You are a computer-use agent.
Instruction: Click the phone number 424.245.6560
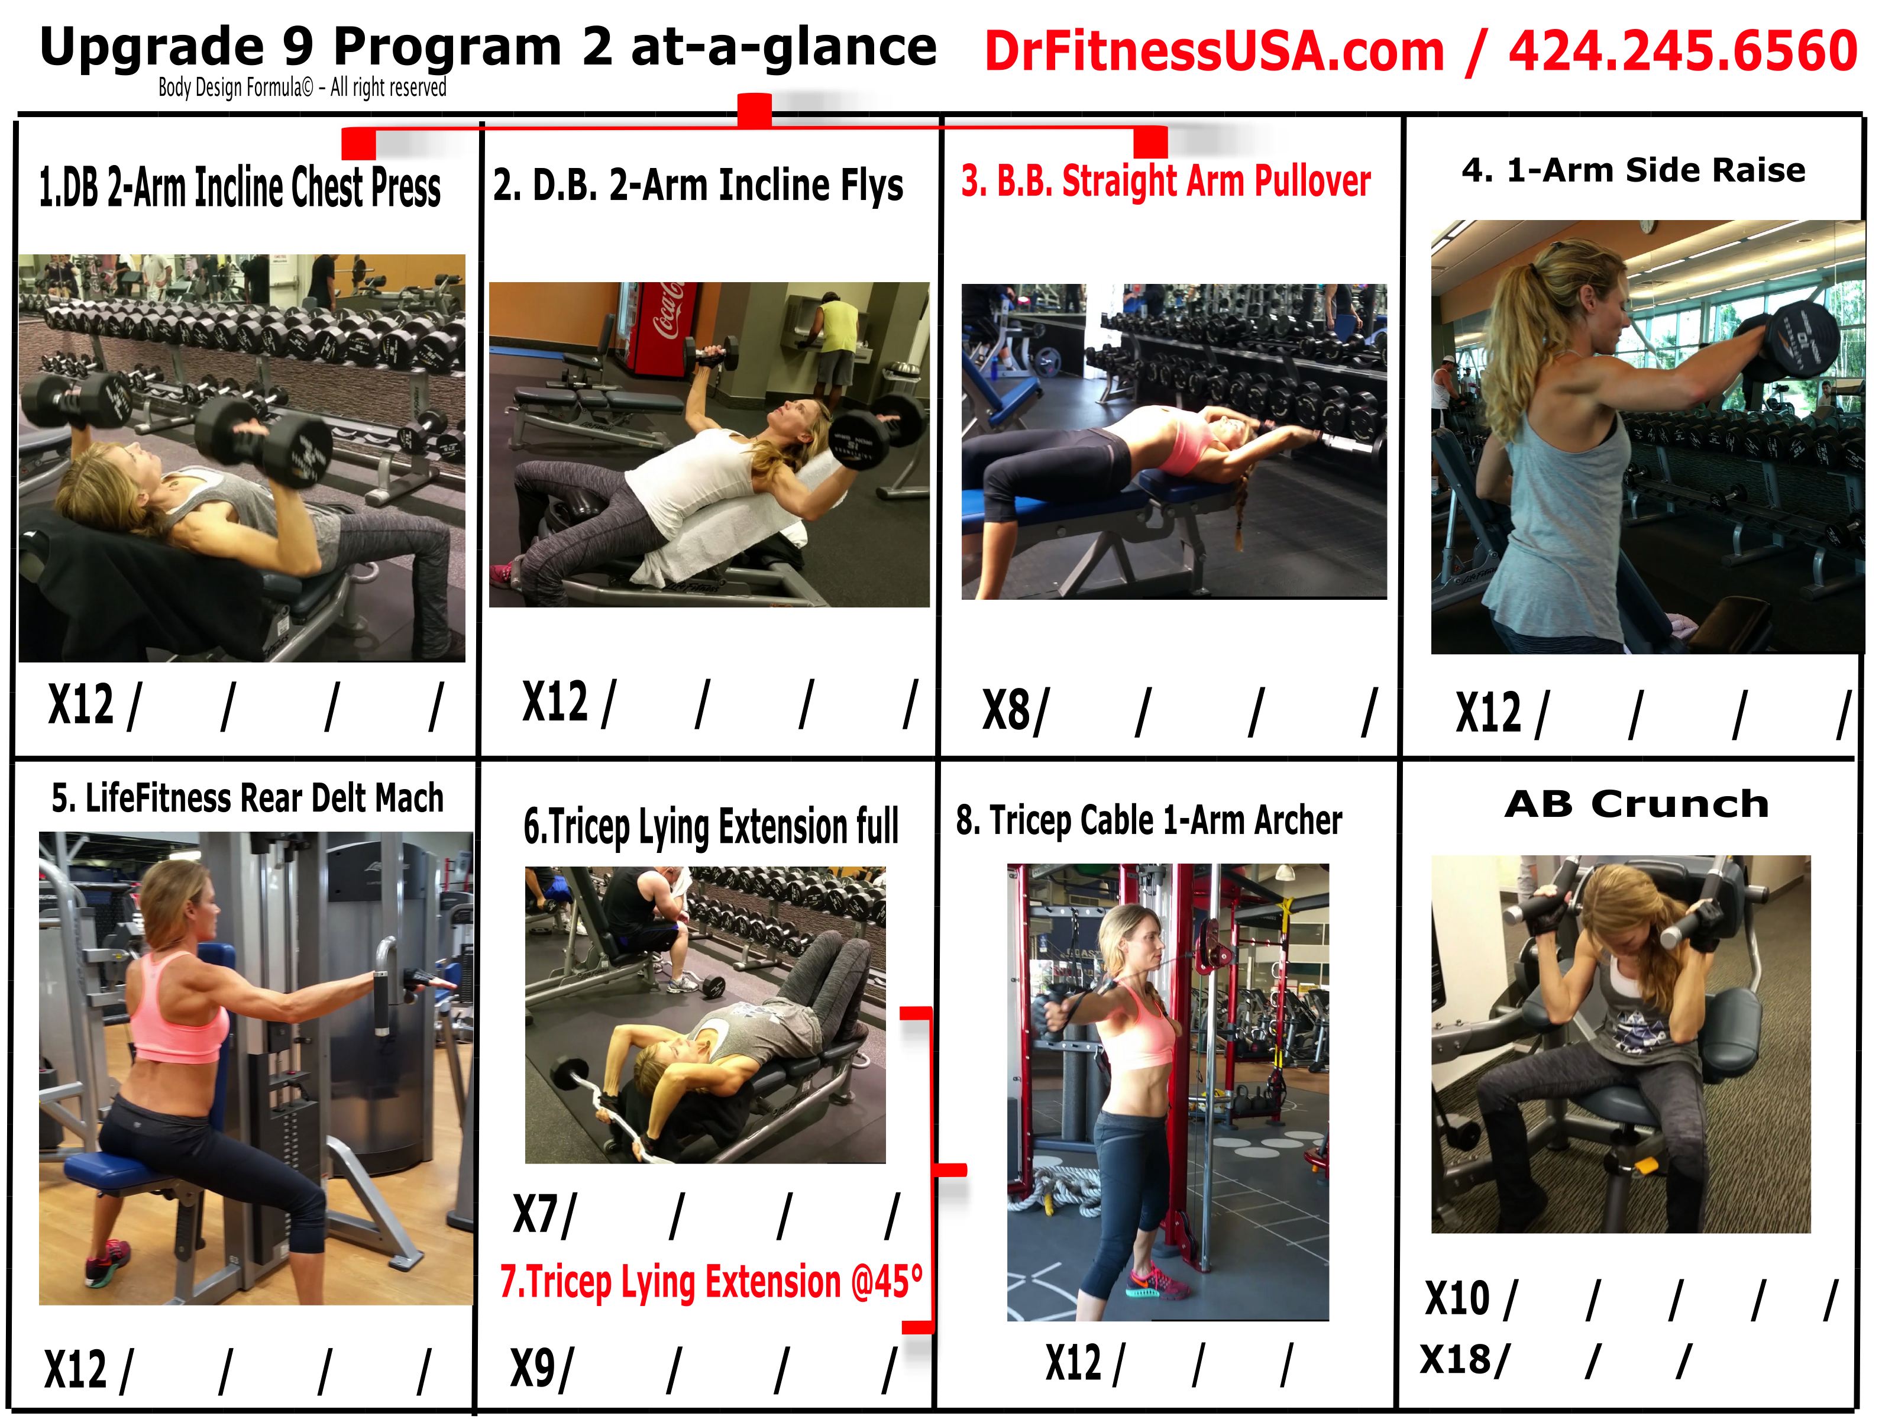[1683, 51]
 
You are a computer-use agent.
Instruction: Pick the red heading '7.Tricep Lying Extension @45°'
[712, 1284]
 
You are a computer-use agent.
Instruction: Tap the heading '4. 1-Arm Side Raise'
[1634, 170]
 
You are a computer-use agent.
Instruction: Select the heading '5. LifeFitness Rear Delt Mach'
[248, 798]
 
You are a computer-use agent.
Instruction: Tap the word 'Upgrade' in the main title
[152, 48]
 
